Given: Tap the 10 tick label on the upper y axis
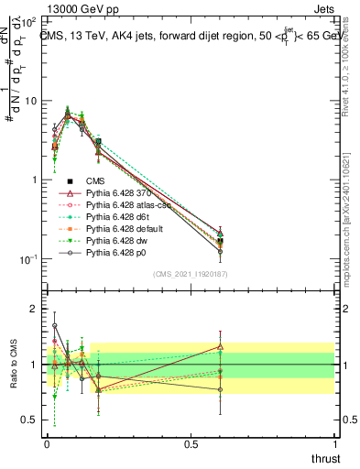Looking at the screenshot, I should (31, 101).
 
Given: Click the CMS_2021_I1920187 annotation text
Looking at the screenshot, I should (190, 274).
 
